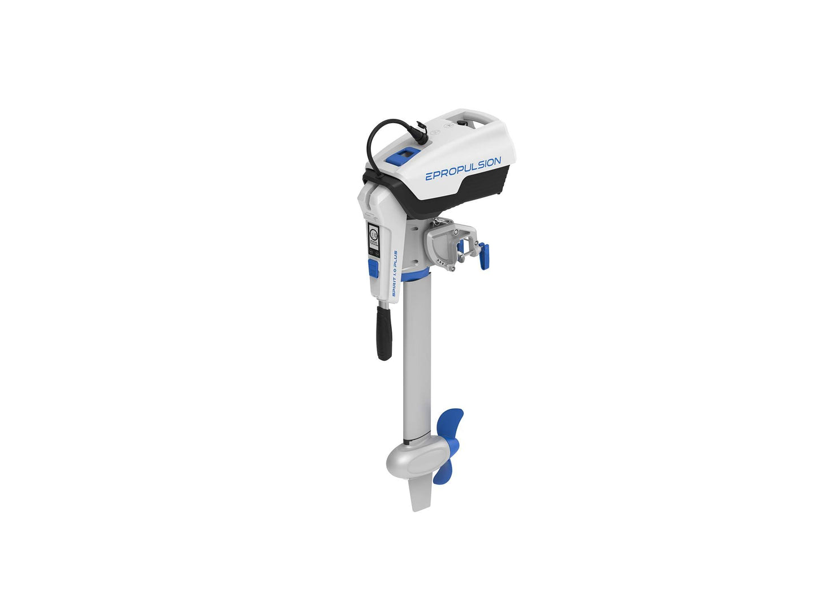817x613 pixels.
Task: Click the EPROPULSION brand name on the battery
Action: pos(462,169)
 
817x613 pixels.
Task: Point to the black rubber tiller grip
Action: pos(384,334)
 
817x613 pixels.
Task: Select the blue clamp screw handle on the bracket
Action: pos(483,256)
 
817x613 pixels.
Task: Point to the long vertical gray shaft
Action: pos(417,356)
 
